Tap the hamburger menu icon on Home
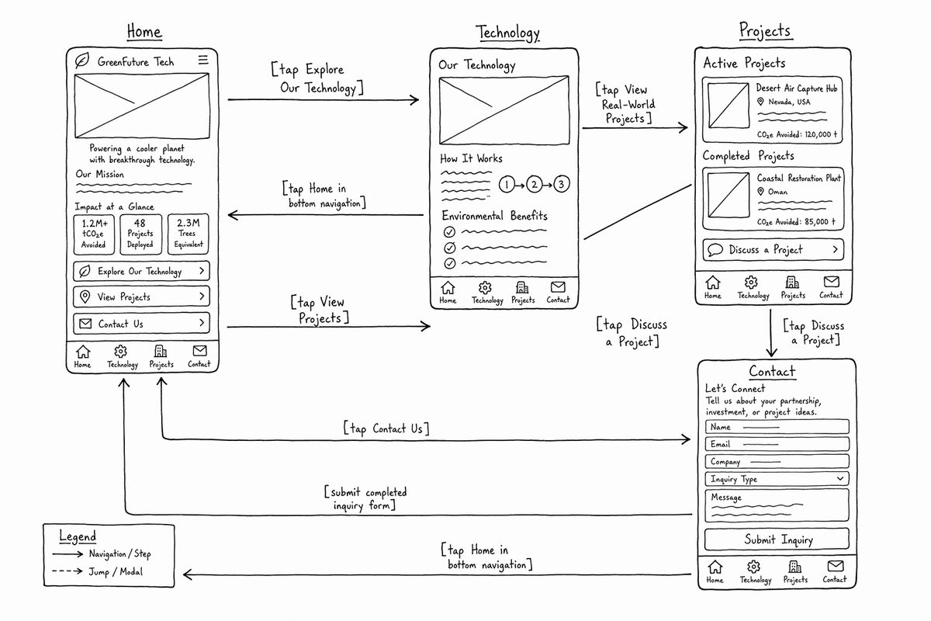pos(202,60)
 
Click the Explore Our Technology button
pos(141,271)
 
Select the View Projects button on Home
pos(141,297)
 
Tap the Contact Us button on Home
pos(141,323)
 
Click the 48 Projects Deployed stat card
pos(140,234)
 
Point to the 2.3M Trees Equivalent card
pos(189,234)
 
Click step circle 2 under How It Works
pos(534,184)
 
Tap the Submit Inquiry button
pos(777,539)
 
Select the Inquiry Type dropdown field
pos(777,479)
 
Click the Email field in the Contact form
pos(777,444)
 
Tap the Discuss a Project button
pos(773,250)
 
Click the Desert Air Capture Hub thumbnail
pos(729,106)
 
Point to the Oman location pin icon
pos(760,191)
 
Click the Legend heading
pos(78,536)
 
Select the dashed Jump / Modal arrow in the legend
pos(67,571)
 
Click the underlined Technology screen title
pos(507,33)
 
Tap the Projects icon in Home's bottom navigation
pos(161,352)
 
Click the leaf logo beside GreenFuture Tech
pos(82,61)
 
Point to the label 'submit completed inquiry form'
pos(365,498)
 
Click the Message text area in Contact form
pos(777,505)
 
